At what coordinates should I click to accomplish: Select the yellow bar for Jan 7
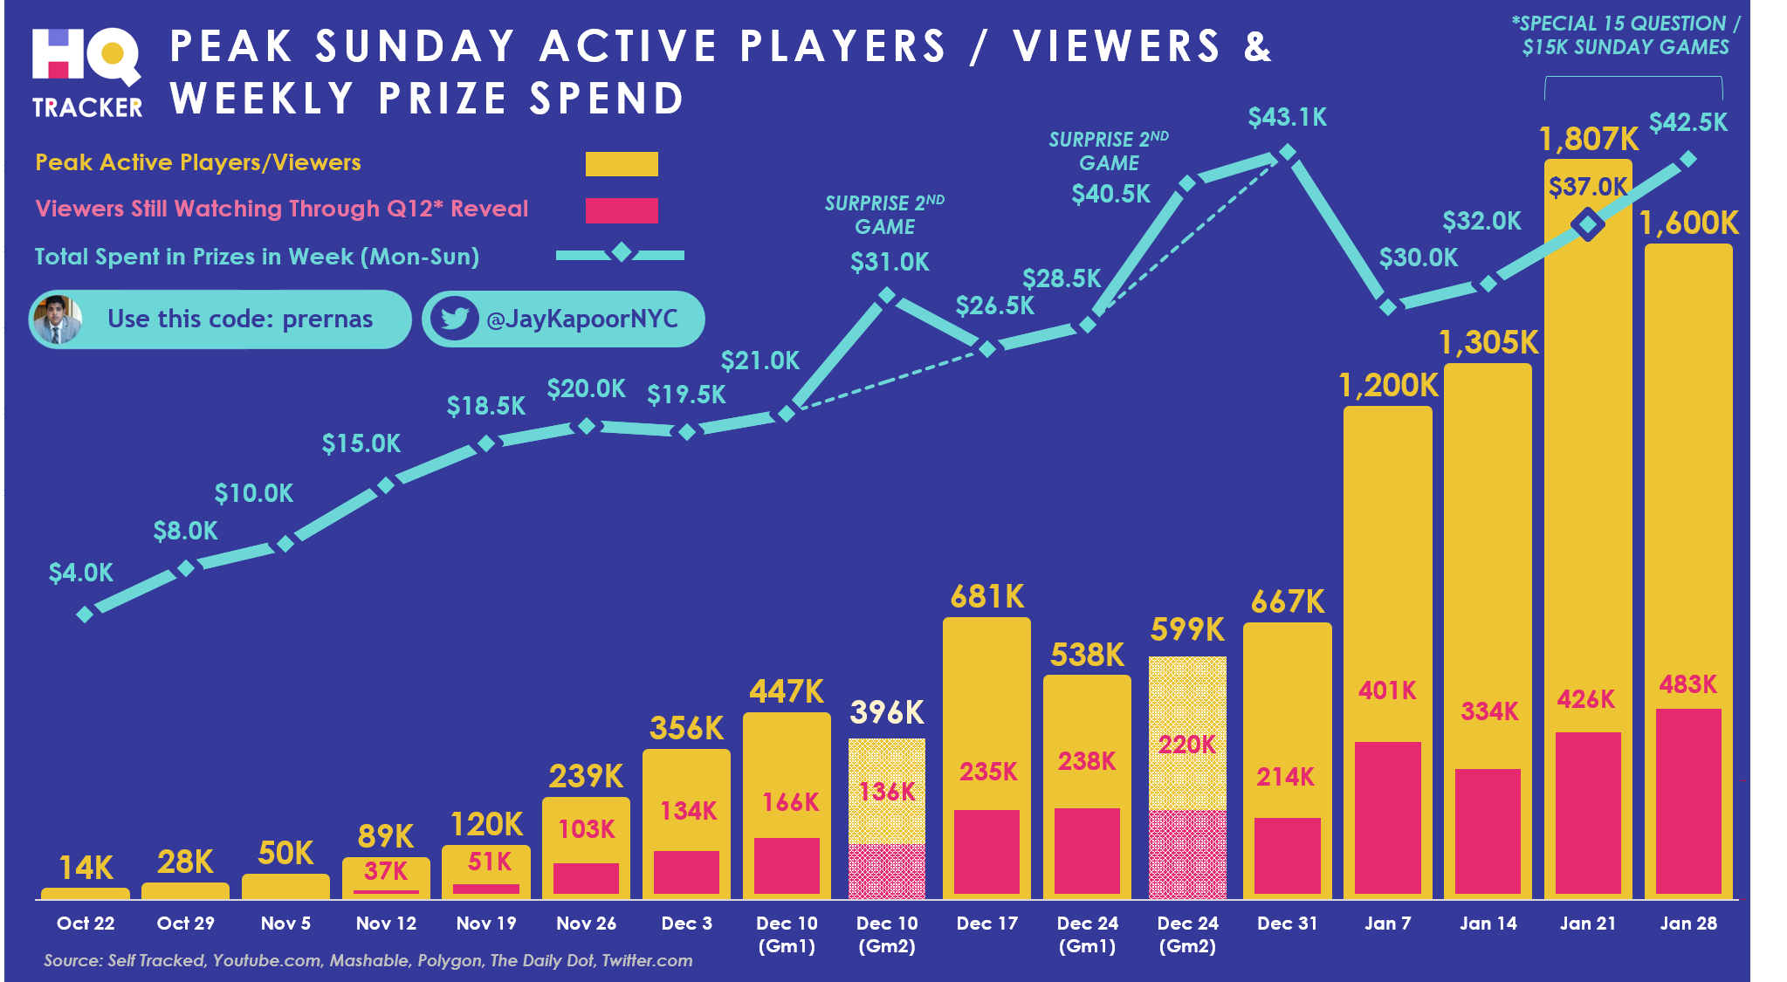1387,567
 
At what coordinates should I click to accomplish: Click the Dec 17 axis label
987,924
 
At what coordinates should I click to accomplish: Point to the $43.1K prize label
1288,117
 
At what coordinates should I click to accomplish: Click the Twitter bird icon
454,319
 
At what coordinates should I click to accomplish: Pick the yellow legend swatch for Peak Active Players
622,164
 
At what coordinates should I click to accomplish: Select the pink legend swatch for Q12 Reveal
622,210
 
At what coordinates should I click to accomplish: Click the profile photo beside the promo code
58,319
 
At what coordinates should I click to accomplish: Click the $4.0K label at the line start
81,573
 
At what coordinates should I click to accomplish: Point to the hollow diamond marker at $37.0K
1587,225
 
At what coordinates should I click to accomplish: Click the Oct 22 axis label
86,924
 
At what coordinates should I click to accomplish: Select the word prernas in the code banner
327,319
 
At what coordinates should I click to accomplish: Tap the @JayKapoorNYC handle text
582,319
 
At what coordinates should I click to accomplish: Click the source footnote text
368,961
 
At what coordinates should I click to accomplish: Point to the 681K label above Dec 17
987,597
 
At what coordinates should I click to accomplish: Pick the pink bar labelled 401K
1387,817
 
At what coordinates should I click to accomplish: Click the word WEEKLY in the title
263,98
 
